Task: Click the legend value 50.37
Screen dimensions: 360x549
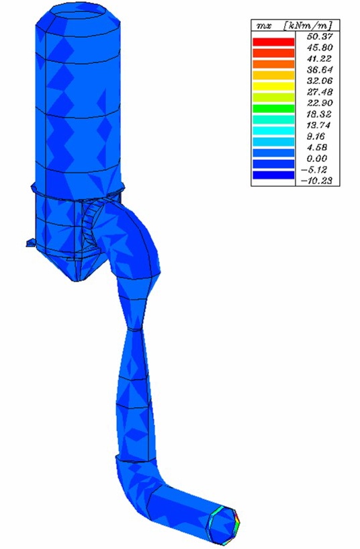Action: pos(320,36)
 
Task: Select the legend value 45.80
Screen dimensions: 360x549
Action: pos(320,47)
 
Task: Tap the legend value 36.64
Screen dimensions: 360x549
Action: pos(320,69)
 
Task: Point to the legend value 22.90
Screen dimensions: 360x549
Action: pos(320,103)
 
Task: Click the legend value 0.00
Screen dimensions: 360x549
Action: pos(317,159)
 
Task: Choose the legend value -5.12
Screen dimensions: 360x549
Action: pos(315,170)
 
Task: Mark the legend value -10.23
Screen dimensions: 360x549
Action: pos(316,181)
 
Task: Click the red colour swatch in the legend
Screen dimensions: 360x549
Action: pos(273,42)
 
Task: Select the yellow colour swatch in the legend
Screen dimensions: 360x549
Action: pos(273,86)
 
